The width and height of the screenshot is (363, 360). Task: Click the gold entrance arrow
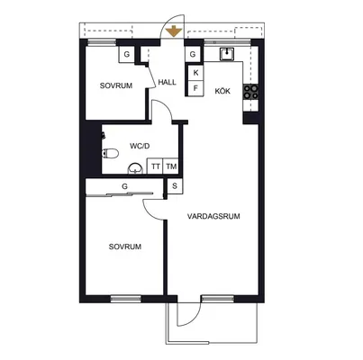pyautogui.click(x=174, y=31)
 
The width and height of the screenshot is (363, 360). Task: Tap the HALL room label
pyautogui.click(x=168, y=82)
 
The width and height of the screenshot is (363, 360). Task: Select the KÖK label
pyautogui.click(x=222, y=91)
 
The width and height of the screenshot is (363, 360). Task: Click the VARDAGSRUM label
pyautogui.click(x=213, y=216)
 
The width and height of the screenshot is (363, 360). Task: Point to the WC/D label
pyautogui.click(x=140, y=146)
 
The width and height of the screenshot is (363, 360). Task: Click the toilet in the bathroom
pyautogui.click(x=110, y=153)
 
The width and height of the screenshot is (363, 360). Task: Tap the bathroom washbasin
pyautogui.click(x=135, y=169)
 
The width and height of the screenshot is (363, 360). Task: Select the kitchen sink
pyautogui.click(x=227, y=54)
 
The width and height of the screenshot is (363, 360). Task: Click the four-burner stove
pyautogui.click(x=250, y=92)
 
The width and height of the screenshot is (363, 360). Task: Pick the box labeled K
pyautogui.click(x=195, y=73)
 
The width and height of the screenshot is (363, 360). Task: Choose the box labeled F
pyautogui.click(x=195, y=88)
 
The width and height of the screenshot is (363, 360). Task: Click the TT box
pyautogui.click(x=155, y=166)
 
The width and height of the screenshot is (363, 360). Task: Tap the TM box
pyautogui.click(x=171, y=166)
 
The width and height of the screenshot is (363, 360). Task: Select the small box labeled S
pyautogui.click(x=175, y=186)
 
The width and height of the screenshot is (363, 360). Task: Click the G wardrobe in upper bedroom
pyautogui.click(x=126, y=55)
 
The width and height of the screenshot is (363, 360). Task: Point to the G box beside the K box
pyautogui.click(x=193, y=54)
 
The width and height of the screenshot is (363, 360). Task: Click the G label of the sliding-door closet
pyautogui.click(x=124, y=186)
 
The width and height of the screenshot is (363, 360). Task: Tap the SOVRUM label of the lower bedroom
pyautogui.click(x=125, y=247)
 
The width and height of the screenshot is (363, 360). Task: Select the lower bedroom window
pyautogui.click(x=126, y=299)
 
